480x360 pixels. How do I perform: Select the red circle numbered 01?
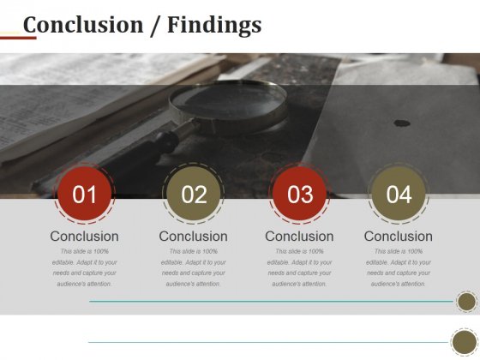(84, 195)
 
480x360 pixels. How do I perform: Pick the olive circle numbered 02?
(194, 195)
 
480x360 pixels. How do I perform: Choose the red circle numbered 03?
(299, 195)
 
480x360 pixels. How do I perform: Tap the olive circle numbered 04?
(399, 195)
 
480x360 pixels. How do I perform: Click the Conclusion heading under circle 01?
(84, 237)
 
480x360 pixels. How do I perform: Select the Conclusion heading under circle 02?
(194, 237)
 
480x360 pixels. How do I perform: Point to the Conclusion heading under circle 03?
(299, 237)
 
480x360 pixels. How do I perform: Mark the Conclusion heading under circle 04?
(399, 237)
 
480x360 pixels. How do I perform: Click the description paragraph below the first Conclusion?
(84, 267)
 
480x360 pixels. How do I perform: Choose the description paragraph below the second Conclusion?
(194, 267)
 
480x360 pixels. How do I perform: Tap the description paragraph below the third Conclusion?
(299, 267)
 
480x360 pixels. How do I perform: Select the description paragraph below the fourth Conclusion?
(399, 267)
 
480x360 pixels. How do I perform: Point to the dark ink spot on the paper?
(401, 123)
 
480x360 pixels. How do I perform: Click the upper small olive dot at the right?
(466, 302)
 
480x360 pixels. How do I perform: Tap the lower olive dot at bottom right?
(465, 342)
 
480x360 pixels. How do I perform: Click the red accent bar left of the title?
(18, 38)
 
